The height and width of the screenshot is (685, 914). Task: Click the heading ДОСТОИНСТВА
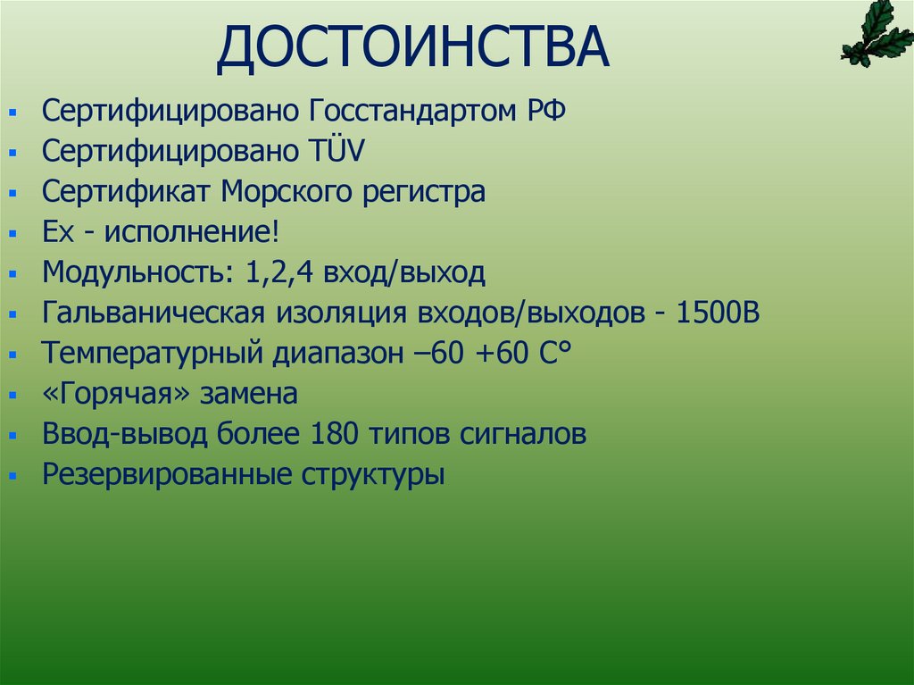[x=412, y=49]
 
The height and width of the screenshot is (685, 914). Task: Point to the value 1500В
[x=719, y=313]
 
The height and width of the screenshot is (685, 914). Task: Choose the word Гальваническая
[x=153, y=313]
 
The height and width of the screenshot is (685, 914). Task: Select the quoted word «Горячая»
[x=115, y=394]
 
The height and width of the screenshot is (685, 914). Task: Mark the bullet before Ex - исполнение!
[x=12, y=234]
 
